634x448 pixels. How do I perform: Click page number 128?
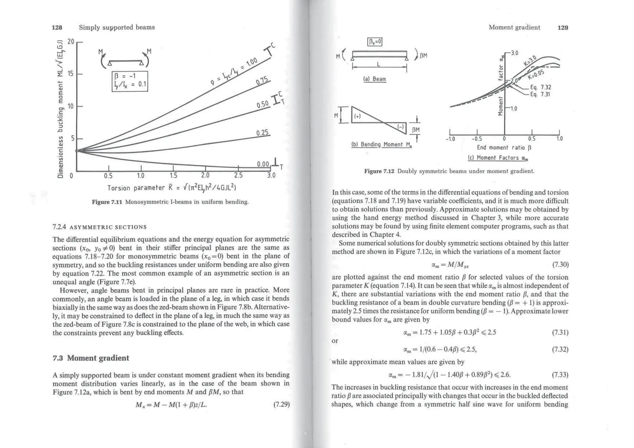coord(57,28)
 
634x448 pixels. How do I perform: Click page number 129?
coord(562,28)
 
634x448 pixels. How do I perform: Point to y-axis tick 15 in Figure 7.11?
coord(71,74)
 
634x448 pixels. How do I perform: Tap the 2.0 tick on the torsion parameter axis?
coord(205,175)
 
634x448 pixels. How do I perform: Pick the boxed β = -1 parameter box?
coord(130,81)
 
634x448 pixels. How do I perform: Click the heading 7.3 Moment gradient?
coord(91,358)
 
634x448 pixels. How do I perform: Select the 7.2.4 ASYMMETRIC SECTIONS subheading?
coord(99,227)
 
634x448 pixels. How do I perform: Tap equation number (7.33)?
coord(560,375)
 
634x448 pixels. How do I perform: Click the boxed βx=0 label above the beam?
coord(375,41)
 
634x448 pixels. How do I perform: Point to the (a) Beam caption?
coord(375,79)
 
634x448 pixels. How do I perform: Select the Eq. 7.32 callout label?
coord(541,88)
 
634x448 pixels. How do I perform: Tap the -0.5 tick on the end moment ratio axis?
coord(477,139)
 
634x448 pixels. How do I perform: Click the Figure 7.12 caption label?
coord(379,171)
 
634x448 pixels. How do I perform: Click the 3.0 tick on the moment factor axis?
coord(514,53)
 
